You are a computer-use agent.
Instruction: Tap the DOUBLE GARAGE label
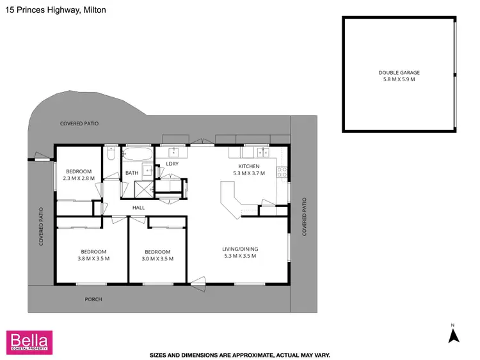coord(399,73)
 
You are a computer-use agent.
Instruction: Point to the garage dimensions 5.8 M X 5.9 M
coord(399,80)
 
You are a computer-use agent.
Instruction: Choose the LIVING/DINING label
coord(239,249)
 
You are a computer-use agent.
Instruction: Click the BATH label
coord(132,173)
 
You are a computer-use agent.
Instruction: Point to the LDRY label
coord(172,164)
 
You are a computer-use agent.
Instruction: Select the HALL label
coord(138,208)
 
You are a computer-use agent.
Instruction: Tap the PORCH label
coord(93,299)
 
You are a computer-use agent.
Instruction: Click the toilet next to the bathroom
coord(111,155)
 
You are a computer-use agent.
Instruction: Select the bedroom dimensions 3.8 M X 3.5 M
coord(93,258)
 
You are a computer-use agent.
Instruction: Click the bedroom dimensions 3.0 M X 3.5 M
coord(157,258)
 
